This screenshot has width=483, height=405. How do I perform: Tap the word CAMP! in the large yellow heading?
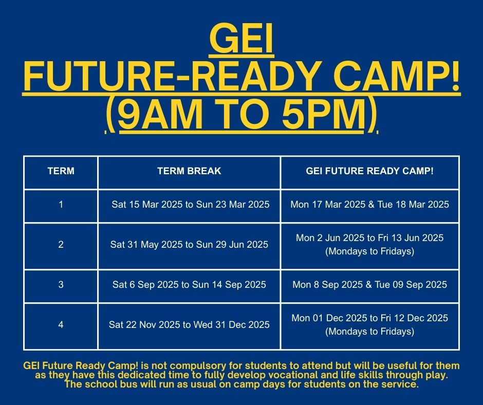(397, 75)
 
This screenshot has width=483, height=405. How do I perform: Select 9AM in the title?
(160, 114)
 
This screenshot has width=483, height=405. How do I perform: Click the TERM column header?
(61, 171)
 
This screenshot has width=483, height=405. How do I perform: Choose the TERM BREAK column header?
(189, 171)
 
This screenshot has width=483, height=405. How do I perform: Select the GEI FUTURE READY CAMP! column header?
(369, 171)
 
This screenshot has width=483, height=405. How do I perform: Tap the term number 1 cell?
(61, 205)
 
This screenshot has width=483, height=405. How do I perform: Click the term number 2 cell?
(61, 245)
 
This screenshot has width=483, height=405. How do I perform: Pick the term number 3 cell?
(61, 285)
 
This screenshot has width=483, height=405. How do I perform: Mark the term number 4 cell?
(61, 324)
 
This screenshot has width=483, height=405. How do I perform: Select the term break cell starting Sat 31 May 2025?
(189, 245)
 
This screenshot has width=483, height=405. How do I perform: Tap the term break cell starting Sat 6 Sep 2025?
(189, 285)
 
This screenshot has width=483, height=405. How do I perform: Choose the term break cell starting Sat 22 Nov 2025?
(189, 324)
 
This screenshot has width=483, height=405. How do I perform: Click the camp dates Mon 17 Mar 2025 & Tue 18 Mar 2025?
(369, 205)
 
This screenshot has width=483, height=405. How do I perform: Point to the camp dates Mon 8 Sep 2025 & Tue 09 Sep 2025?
(369, 285)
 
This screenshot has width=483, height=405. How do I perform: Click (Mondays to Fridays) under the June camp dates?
(369, 251)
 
